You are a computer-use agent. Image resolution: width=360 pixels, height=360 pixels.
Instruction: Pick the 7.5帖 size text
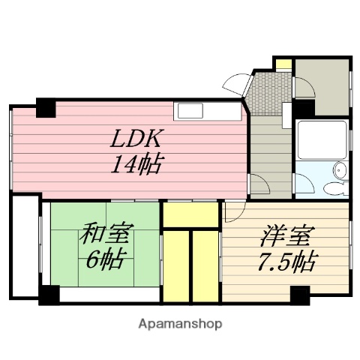coord(286,262)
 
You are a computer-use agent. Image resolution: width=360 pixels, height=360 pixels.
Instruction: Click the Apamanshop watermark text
coord(180,324)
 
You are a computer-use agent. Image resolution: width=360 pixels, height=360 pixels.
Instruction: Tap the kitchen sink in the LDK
coord(189,111)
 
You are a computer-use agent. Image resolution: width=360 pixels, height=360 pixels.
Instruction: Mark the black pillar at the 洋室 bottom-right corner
coord(300,295)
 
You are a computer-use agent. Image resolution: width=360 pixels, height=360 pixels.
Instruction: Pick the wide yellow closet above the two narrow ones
coord(190,215)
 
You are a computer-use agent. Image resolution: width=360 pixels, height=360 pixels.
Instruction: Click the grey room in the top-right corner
coord(322,86)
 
